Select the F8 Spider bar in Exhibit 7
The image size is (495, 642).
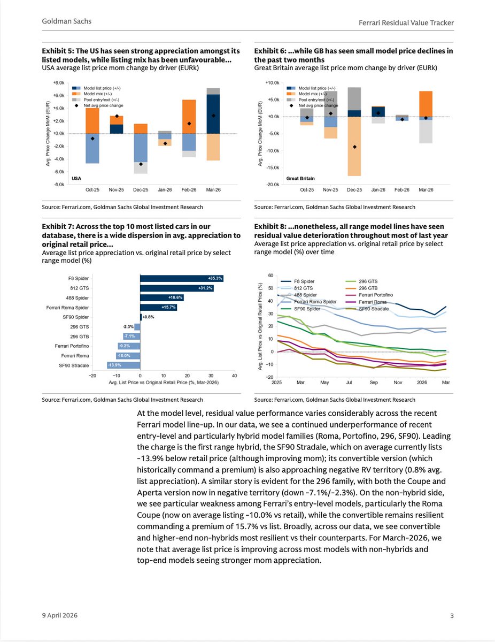pos(181,278)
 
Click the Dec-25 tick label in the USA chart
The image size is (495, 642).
pos(141,189)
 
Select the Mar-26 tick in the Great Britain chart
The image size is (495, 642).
pos(426,189)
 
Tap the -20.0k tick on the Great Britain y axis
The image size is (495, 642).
pos(272,185)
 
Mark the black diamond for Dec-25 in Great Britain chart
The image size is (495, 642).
pos(354,147)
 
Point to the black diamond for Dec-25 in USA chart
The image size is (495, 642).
pos(141,164)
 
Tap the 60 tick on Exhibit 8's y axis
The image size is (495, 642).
pos(270,276)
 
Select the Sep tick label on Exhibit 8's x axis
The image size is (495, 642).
pos(374,383)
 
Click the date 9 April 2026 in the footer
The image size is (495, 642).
pos(60,616)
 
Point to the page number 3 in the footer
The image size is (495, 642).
pos(452,616)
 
